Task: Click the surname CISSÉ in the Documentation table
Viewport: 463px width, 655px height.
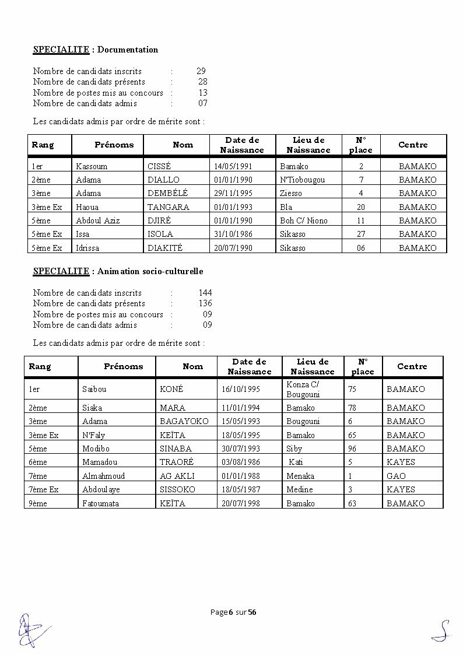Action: click(x=159, y=166)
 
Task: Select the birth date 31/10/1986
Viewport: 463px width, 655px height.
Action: click(x=233, y=234)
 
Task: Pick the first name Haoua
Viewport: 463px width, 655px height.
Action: click(x=87, y=207)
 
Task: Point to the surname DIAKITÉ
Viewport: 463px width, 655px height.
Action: click(x=165, y=248)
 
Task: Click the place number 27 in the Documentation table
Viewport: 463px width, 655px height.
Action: click(x=361, y=234)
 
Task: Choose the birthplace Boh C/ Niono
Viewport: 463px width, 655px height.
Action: click(x=304, y=220)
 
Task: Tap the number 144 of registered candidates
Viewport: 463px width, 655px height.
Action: click(x=205, y=293)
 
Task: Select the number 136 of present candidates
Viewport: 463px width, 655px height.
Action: click(x=205, y=303)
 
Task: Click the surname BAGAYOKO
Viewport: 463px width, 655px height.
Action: click(x=184, y=421)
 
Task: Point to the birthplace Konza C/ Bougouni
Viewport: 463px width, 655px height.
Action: click(x=303, y=389)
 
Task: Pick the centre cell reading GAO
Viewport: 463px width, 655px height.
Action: click(x=396, y=476)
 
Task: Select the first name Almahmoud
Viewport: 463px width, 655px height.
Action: click(x=103, y=476)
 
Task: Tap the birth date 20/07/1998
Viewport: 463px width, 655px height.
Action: click(x=240, y=503)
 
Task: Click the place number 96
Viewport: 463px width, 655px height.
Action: click(x=352, y=449)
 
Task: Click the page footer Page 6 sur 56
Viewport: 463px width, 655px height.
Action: click(x=233, y=612)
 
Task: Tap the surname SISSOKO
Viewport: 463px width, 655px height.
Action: click(x=177, y=489)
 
